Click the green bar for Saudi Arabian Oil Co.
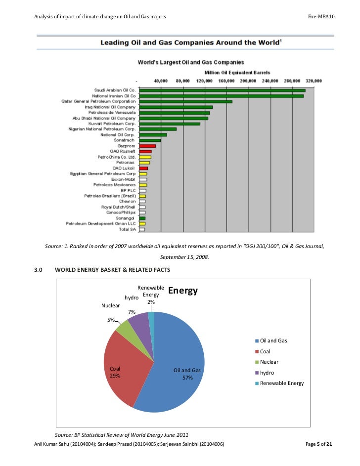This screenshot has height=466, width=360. pos(223,90)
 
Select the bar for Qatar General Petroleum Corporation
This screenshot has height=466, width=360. pos(185,101)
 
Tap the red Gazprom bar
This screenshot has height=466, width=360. pos(147,146)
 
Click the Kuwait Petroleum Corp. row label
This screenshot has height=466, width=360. pos(112,124)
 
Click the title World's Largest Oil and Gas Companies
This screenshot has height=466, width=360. pos(190,62)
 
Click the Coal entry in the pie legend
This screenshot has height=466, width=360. pos(265,351)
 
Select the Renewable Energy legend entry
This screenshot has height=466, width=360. pos(282,383)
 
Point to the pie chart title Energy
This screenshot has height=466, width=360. pos(183,291)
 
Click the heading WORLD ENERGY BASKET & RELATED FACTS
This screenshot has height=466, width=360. pos(112,270)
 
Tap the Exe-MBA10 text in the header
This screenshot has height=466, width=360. pos(321,17)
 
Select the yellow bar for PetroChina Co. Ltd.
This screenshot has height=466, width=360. pos(145,157)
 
